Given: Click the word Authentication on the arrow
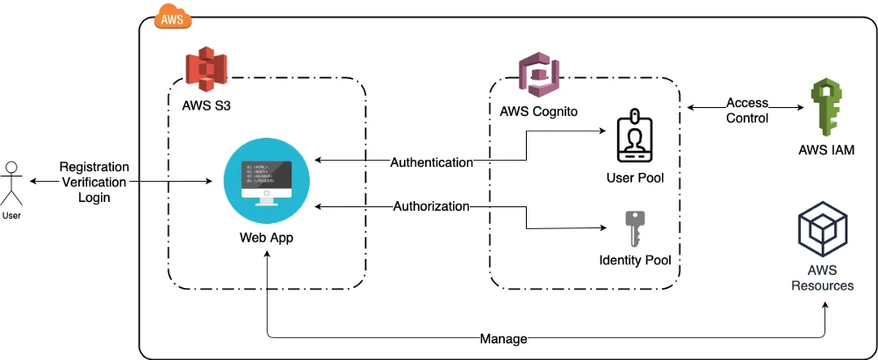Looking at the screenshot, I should click(431, 162).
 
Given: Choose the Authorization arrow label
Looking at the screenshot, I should click(431, 207).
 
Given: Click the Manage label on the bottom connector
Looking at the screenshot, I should click(504, 339).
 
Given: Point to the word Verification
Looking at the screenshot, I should click(94, 182).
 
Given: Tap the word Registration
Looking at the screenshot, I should click(94, 167).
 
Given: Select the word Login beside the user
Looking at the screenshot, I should click(94, 198).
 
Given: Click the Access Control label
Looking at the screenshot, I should click(747, 111).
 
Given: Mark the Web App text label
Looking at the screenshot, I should click(266, 238).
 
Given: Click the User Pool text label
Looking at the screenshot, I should click(635, 178).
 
